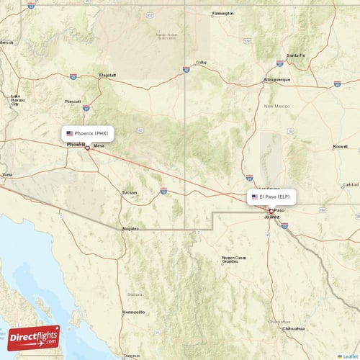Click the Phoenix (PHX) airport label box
pos(87,133)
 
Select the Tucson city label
pos(129,192)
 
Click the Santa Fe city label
pos(296,55)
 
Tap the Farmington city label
pos(223,13)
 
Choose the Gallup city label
pos(201,63)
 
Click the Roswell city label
pos(341,146)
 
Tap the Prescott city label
pos(73,101)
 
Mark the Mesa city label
pos(99,145)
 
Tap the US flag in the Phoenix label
pos(70,133)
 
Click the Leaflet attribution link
pos(351,356)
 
